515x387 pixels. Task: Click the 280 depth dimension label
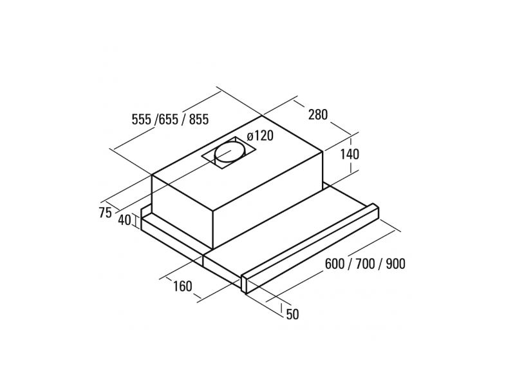tap(318, 115)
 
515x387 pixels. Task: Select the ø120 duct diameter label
tap(261, 136)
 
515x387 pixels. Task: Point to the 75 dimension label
tap(106, 213)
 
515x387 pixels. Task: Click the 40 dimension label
tap(125, 220)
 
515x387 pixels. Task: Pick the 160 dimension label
tap(183, 286)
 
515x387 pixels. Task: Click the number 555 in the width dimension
tap(141, 119)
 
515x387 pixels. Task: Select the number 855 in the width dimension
tap(198, 119)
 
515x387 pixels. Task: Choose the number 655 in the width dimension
tap(169, 119)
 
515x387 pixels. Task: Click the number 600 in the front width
tap(339, 264)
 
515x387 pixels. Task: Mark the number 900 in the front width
tap(393, 264)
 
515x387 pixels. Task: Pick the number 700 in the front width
tap(366, 264)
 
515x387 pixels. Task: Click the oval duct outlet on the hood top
tap(230, 154)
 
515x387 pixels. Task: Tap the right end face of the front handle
tap(246, 284)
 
